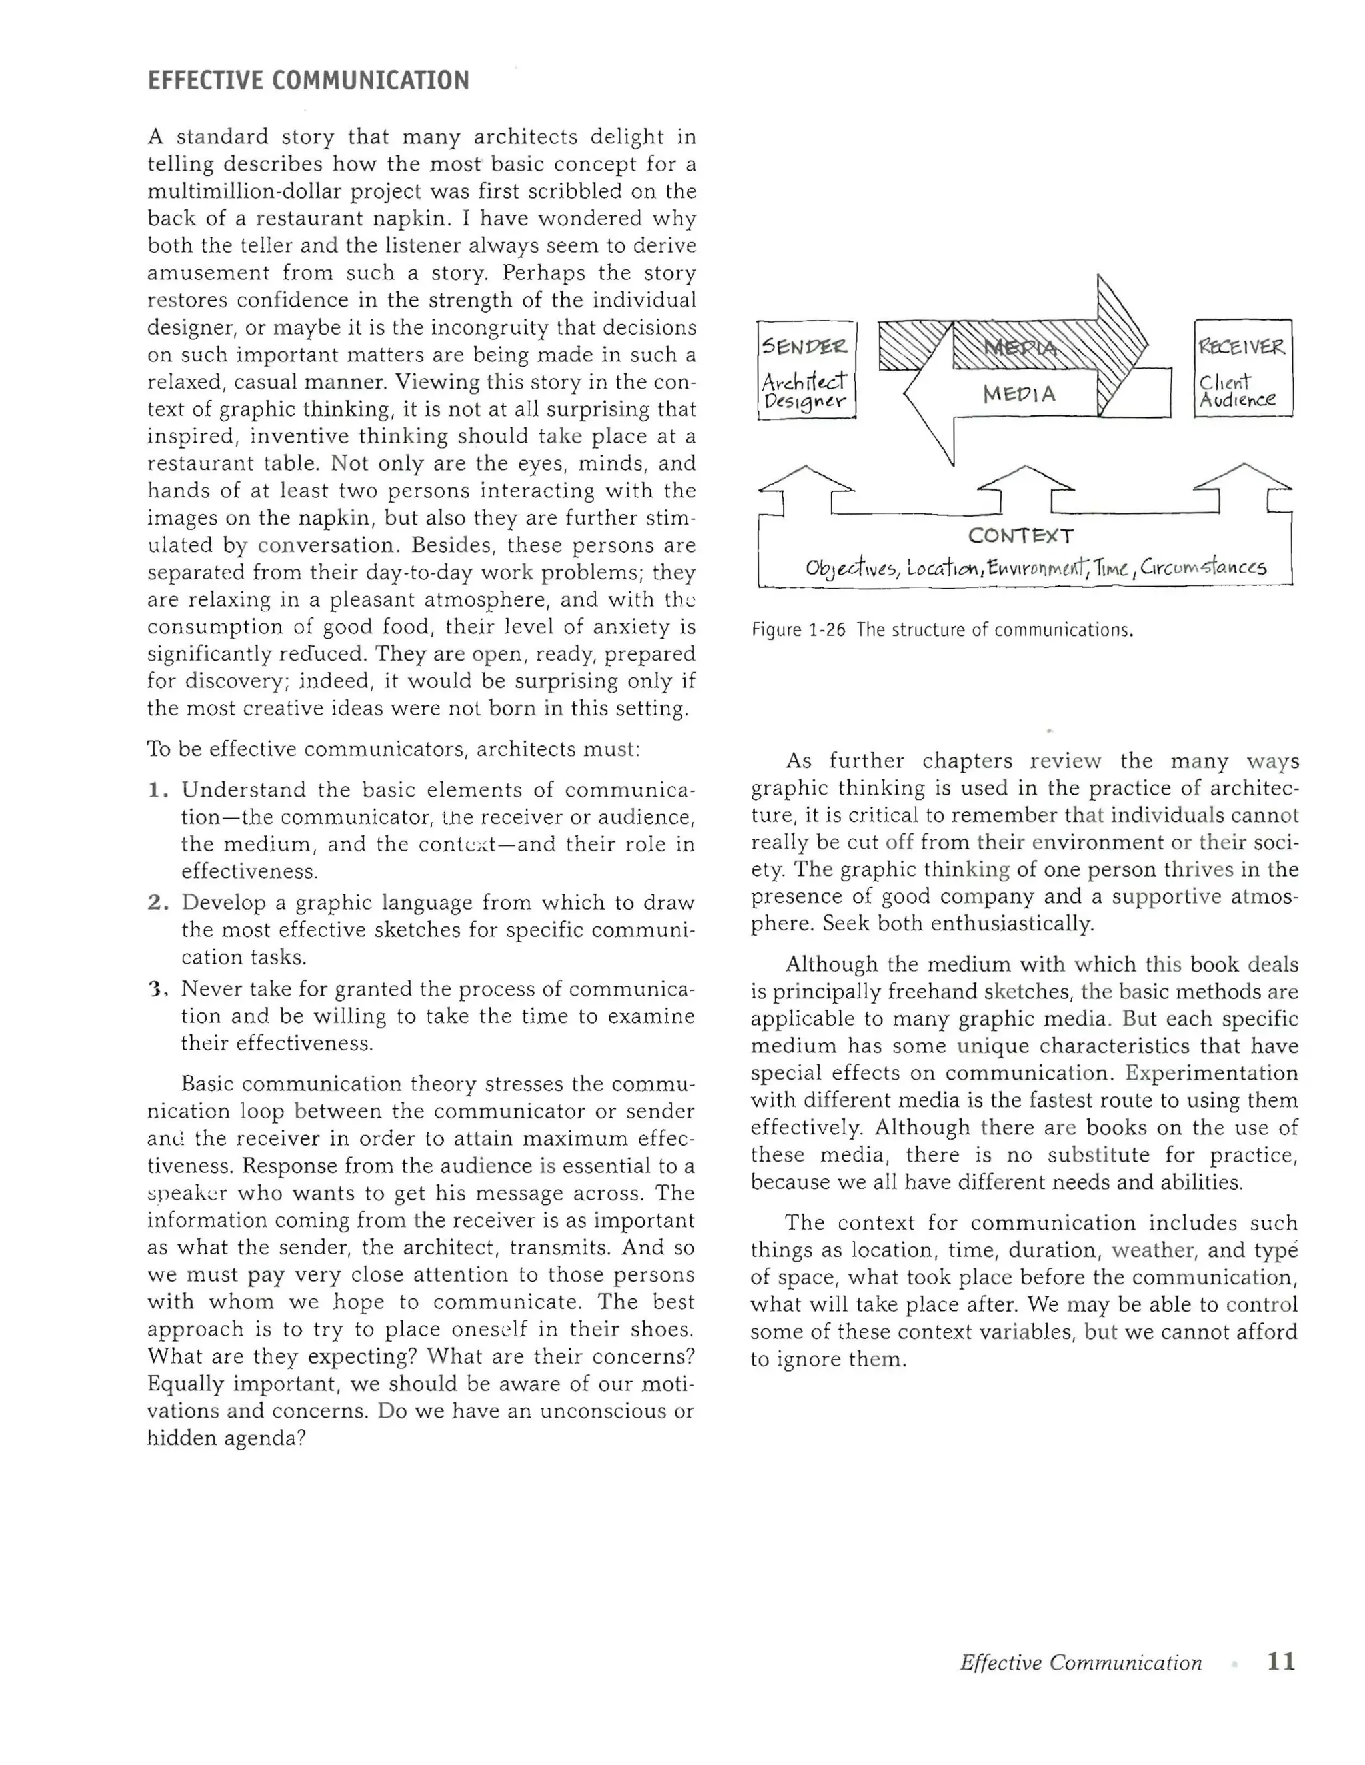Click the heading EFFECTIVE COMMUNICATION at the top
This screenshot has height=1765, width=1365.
308,81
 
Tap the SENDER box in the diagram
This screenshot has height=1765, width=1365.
806,369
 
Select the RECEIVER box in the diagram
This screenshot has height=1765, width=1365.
1242,369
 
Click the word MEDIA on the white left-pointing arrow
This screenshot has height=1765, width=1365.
1019,395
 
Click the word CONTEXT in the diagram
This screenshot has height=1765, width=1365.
1020,536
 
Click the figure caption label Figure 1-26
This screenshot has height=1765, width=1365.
798,630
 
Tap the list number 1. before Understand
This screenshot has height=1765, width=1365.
157,790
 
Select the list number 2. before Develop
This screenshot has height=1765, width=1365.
157,902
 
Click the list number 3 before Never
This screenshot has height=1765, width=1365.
157,989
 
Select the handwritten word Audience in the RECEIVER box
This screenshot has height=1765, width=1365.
1236,399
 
